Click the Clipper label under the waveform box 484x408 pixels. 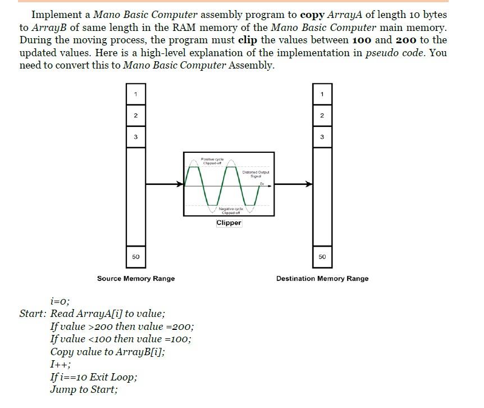[229, 223]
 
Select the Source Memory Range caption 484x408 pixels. [136, 279]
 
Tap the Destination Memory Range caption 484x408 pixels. [322, 279]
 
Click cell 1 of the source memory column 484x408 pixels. [136, 94]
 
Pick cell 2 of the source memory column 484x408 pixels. [136, 115]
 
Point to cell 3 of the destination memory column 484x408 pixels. [322, 137]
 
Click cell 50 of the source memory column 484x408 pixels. [136, 257]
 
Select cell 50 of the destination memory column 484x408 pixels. [322, 257]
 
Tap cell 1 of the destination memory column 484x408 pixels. [322, 94]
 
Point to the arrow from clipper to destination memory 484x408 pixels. [294, 184]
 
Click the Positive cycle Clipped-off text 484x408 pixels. [213, 161]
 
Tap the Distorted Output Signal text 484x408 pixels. [255, 174]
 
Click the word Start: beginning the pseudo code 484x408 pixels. [33, 314]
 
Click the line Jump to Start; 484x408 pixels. [84, 389]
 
